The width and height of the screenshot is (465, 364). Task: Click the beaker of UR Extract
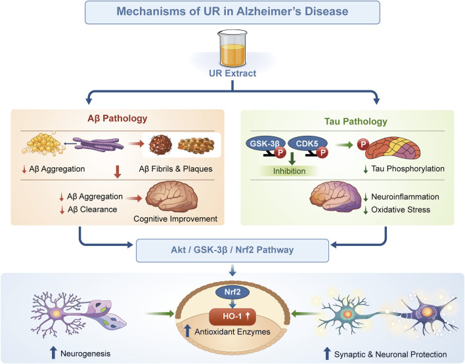232,49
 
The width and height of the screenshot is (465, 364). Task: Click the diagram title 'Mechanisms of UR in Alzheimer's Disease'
232,12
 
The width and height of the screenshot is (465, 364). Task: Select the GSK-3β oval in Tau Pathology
265,144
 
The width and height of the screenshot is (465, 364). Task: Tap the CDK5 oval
307,144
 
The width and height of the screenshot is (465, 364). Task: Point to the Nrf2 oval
232,293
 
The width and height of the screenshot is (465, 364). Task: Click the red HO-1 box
232,317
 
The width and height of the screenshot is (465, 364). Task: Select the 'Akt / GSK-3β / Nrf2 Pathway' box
232,251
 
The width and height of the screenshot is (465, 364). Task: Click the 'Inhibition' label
289,171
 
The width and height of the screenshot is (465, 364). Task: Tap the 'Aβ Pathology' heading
118,119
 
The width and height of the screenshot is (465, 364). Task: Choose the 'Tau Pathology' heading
355,121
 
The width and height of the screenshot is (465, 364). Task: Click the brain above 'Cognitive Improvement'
171,197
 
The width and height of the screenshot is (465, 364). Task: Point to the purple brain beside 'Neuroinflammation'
336,196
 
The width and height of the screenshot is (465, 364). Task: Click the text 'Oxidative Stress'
401,210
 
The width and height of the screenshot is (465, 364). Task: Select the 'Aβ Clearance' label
92,209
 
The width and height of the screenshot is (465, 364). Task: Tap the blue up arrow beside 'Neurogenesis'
53,352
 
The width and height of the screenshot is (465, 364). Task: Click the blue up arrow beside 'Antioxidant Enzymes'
187,331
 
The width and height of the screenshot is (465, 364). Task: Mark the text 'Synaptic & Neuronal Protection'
390,355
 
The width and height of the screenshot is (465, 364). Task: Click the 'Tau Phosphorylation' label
408,169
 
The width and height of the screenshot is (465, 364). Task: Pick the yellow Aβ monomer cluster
43,144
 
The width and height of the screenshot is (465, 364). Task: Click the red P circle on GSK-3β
280,153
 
